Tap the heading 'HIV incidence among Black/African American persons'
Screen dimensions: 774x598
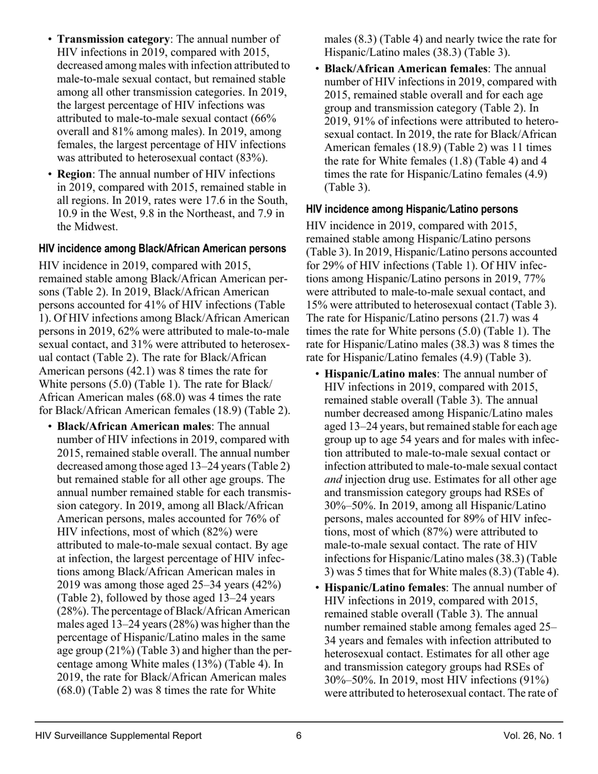click(162, 249)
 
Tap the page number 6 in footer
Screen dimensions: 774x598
click(299, 736)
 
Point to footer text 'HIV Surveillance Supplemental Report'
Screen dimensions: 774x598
click(119, 736)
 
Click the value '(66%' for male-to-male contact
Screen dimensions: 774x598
click(264, 118)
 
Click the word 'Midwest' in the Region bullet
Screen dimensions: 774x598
click(94, 227)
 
